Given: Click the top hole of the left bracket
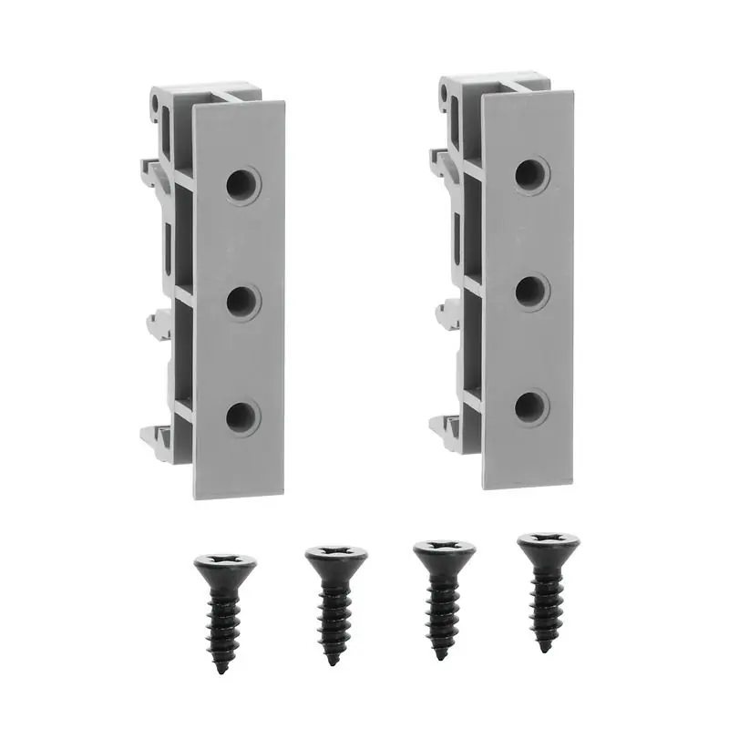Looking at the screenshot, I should click(242, 185).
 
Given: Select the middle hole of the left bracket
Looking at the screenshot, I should click(242, 302).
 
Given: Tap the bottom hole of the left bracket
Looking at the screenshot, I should click(241, 417).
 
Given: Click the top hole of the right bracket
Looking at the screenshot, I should click(531, 175).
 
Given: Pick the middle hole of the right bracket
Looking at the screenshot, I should click(531, 292).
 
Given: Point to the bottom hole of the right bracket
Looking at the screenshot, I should click(531, 407).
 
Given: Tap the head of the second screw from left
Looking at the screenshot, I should click(336, 556).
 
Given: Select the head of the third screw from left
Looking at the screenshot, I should click(444, 551).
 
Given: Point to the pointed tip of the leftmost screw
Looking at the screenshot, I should click(221, 671).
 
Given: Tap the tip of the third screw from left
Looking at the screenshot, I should click(441, 656).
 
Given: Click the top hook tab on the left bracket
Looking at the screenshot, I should click(151, 169).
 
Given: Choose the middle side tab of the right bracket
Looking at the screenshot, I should click(447, 313).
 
